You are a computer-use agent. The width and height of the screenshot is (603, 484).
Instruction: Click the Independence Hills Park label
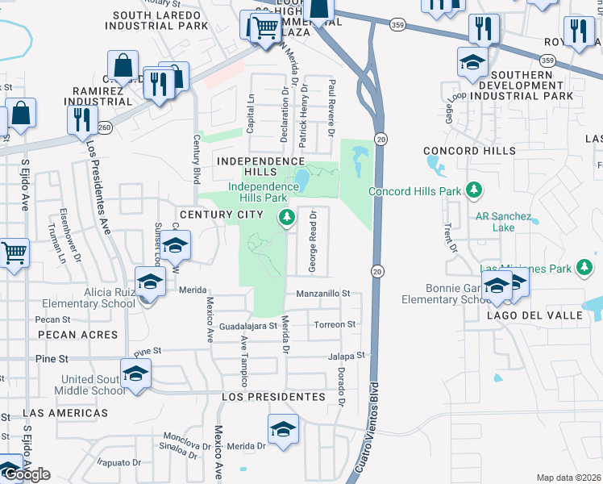coord(258,192)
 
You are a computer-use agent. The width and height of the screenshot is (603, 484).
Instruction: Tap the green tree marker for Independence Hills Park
coord(285,217)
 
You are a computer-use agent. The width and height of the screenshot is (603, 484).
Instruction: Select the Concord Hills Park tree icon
coord(475,190)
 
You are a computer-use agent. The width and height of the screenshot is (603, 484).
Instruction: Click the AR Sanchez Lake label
coord(505,222)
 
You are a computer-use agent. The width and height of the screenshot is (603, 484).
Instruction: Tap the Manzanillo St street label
coord(324,294)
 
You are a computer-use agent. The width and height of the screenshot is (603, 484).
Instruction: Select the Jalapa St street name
coord(347,355)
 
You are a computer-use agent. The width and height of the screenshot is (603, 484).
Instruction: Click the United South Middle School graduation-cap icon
coord(135,374)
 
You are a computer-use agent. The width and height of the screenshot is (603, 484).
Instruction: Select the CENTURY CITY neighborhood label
coord(221,214)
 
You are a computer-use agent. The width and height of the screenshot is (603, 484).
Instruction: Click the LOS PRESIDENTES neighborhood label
coord(273,397)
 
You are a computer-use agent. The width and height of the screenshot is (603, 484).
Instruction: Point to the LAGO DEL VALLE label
coord(534,316)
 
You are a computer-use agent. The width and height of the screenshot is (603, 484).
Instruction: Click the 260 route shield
coord(104,127)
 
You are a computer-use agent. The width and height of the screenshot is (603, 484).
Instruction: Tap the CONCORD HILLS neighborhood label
coord(469,151)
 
